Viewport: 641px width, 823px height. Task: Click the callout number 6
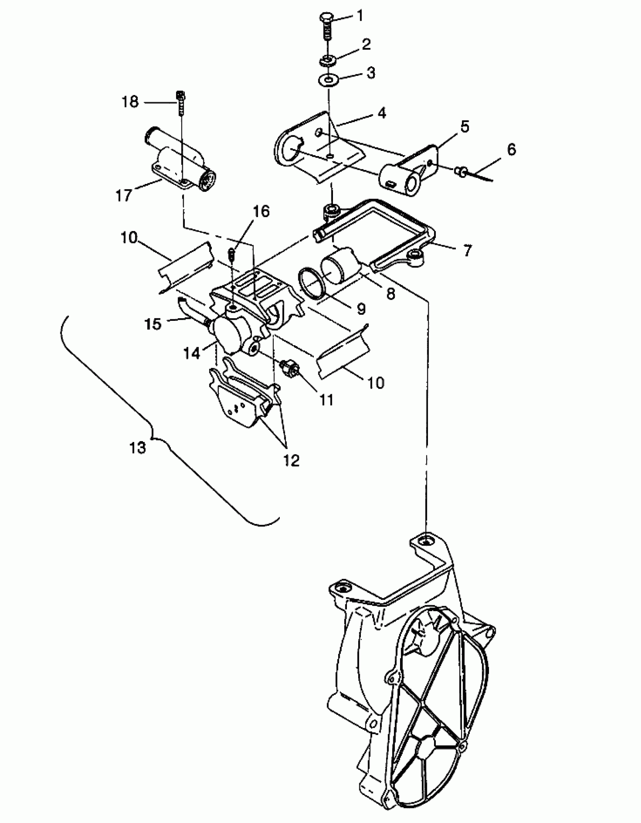(x=511, y=149)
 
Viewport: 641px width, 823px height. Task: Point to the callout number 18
(x=130, y=102)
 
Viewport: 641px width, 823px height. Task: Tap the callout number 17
(x=124, y=195)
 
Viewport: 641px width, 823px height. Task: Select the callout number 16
(x=261, y=211)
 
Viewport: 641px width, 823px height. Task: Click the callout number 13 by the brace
(x=137, y=448)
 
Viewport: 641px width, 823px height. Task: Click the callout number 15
(x=153, y=324)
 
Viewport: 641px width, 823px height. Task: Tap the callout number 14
(x=192, y=353)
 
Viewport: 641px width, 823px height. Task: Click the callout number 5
(x=465, y=127)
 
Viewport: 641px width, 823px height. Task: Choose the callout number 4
(x=382, y=113)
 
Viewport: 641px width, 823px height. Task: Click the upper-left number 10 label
(x=129, y=238)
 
